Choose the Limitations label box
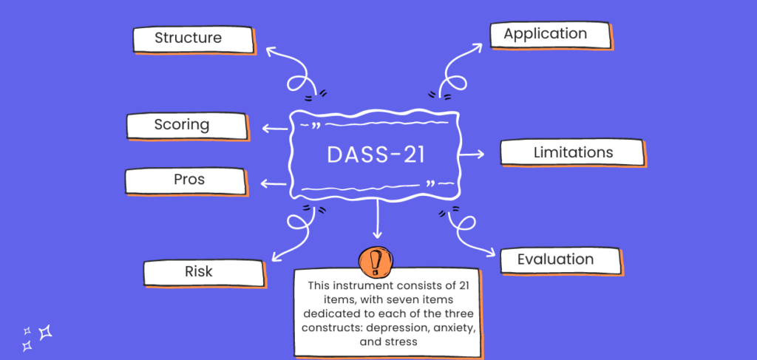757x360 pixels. coord(572,153)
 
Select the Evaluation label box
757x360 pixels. coord(559,260)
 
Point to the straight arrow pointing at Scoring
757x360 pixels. coord(276,129)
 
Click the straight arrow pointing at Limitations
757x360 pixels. coord(471,154)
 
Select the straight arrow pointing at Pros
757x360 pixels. coord(274,183)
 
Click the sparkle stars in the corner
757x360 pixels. coord(36,337)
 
